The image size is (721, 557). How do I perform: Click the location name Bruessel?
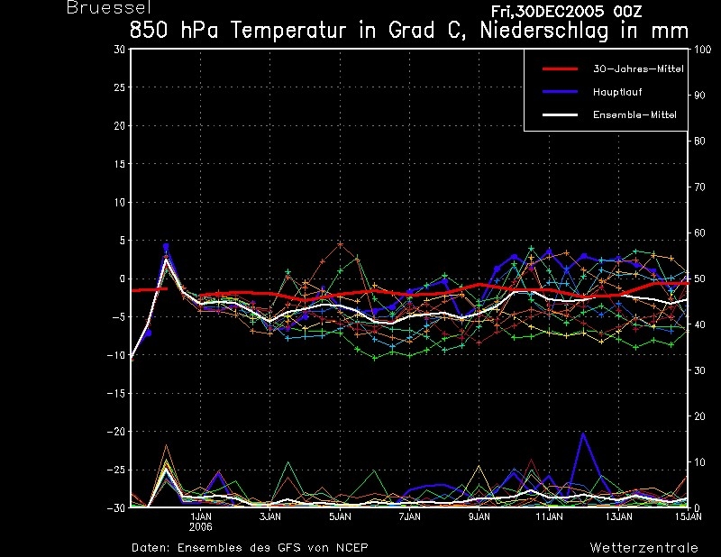tap(102, 8)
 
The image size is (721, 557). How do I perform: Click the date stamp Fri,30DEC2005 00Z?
tap(566, 11)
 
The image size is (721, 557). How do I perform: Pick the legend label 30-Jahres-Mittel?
tap(632, 68)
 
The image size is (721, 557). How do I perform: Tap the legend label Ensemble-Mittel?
tap(634, 115)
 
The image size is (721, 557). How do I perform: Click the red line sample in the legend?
tap(559, 68)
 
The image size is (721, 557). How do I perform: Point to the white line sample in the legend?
tap(559, 115)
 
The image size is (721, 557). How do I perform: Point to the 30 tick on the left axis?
tap(120, 50)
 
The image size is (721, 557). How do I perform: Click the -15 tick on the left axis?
tap(117, 394)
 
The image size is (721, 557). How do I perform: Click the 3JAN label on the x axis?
tap(269, 517)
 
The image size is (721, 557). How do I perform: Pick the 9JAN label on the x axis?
tap(479, 517)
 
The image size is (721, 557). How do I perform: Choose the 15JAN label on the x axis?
tap(689, 517)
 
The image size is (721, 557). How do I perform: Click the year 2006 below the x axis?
tap(200, 527)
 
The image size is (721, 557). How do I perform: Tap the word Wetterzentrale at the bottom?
tap(643, 547)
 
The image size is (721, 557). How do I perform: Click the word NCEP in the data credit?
tap(352, 547)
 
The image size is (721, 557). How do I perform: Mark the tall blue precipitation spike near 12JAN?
tap(583, 434)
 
